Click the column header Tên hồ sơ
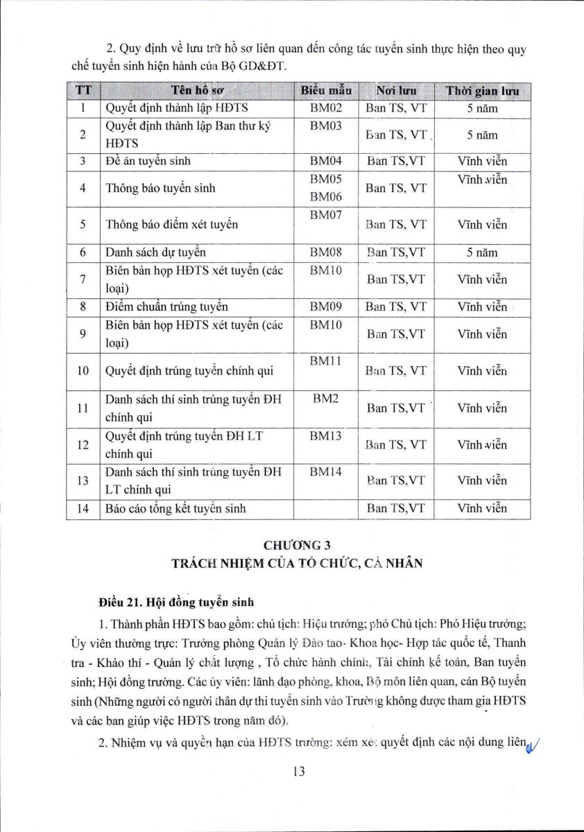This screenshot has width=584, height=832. coord(197,91)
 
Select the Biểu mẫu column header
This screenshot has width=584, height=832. coord(326,91)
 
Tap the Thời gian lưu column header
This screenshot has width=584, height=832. coord(482,91)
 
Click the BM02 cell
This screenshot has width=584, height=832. coord(326,108)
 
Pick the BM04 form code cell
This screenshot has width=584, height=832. coord(326,161)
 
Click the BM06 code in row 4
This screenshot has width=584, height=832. coord(326,197)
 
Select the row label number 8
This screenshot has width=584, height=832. coord(83,306)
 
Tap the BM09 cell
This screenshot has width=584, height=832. coord(326,306)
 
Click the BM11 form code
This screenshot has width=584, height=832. coord(326,361)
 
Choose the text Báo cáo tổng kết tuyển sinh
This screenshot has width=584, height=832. coord(175,508)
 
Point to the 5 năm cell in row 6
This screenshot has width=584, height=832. coord(482,252)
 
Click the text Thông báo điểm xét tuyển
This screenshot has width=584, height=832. coord(171,225)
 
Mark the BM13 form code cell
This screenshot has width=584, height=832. coord(326,435)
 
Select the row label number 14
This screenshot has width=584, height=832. coord(83,508)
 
